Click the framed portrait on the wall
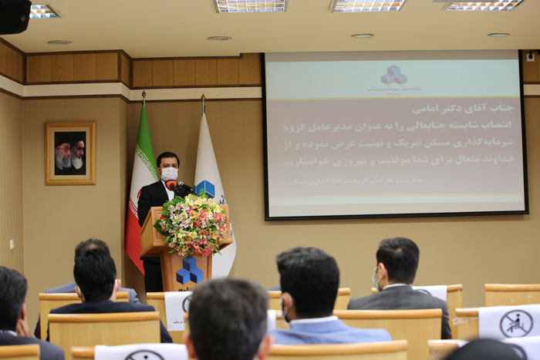point(70,153)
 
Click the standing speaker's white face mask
point(170,174)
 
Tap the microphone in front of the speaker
point(177,187)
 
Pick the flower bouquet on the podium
point(191,224)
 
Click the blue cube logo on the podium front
point(189,272)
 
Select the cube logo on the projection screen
point(393,75)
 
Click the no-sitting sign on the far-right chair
point(515,323)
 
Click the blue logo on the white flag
point(205,188)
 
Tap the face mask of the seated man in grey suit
point(376,276)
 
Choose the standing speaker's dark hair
point(167,158)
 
